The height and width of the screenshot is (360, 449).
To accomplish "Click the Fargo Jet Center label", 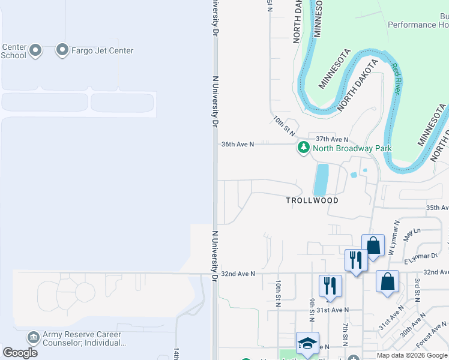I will pos(103,50).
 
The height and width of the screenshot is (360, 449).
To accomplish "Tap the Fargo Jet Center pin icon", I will pos(62,50).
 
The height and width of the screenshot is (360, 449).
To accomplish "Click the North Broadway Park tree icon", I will pos(304,148).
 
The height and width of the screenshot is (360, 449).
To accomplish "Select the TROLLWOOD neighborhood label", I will pos(312,200).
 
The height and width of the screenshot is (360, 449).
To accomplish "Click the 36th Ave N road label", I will pos(238,145).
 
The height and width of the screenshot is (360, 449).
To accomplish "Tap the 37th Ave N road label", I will pos(332,139).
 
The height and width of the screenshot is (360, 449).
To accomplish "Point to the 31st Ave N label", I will pos(333,310).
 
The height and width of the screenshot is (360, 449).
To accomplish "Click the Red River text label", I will pos(397,79).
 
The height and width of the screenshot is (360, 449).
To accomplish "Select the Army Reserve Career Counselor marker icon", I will pos(34,338).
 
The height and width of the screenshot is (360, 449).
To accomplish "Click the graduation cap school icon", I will pos(307,343).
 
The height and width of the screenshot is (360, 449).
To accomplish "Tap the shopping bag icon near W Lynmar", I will pos(373,245).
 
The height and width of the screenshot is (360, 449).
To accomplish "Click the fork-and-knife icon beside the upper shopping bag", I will pos(356,260).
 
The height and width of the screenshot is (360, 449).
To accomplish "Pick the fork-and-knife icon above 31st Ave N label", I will pos(330,286).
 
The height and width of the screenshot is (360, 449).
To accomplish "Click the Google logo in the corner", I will pos(20,353).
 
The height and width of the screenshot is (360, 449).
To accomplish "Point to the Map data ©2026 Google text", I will pos(411,355).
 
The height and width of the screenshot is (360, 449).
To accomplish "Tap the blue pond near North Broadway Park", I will pos(321,179).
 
